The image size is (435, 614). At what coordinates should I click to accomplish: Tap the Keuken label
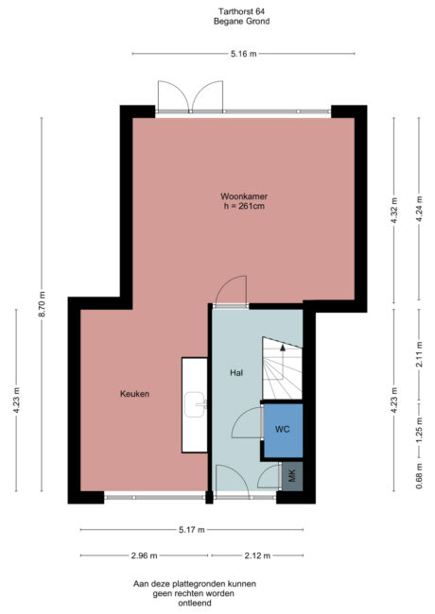[135, 394]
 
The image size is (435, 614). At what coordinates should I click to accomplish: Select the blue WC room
[282, 430]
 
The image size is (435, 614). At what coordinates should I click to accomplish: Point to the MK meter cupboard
[291, 476]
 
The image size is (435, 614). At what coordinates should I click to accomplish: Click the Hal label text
[237, 373]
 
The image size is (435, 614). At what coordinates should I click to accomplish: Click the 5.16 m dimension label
[242, 54]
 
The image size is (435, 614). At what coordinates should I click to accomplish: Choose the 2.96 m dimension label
[145, 555]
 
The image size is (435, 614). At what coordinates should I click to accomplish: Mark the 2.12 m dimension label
[256, 555]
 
